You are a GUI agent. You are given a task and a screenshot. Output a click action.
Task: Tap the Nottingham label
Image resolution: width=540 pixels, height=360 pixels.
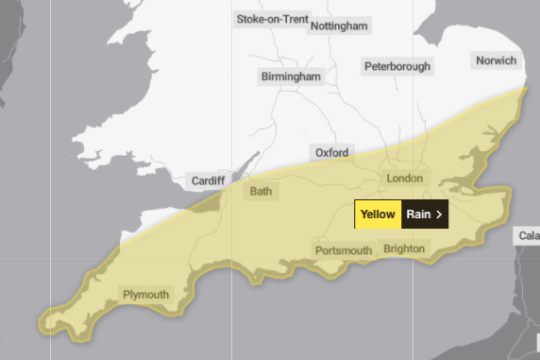(x=338, y=26)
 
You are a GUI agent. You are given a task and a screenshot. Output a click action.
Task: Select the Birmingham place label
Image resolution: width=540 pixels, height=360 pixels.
(x=291, y=77)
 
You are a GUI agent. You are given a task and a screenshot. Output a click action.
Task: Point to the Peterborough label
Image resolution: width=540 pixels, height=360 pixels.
(x=397, y=66)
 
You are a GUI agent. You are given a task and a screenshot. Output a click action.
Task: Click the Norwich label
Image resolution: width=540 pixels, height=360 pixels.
(x=497, y=60)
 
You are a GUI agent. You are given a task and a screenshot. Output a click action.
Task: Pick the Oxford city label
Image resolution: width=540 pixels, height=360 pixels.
(x=331, y=152)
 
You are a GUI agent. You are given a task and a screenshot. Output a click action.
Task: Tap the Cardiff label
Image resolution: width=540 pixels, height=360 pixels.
(x=209, y=180)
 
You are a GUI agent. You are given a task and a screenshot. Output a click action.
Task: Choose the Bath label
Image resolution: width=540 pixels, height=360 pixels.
(x=260, y=192)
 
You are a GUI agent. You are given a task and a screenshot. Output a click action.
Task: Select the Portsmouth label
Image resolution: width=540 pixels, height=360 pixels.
(x=343, y=249)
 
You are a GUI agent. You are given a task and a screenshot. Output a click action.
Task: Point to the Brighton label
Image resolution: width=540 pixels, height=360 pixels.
(x=404, y=249)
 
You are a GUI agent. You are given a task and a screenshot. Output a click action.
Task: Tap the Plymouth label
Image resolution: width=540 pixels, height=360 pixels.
(x=145, y=295)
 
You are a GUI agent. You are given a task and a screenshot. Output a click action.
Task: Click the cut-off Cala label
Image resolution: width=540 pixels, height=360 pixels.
(x=527, y=234)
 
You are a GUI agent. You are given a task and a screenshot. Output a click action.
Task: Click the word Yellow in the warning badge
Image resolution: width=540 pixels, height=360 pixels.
(x=378, y=214)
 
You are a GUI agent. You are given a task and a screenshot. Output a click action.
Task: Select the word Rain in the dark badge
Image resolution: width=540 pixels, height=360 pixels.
(x=418, y=214)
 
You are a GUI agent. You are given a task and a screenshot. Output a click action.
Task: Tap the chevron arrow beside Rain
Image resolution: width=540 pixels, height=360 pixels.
(x=439, y=214)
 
